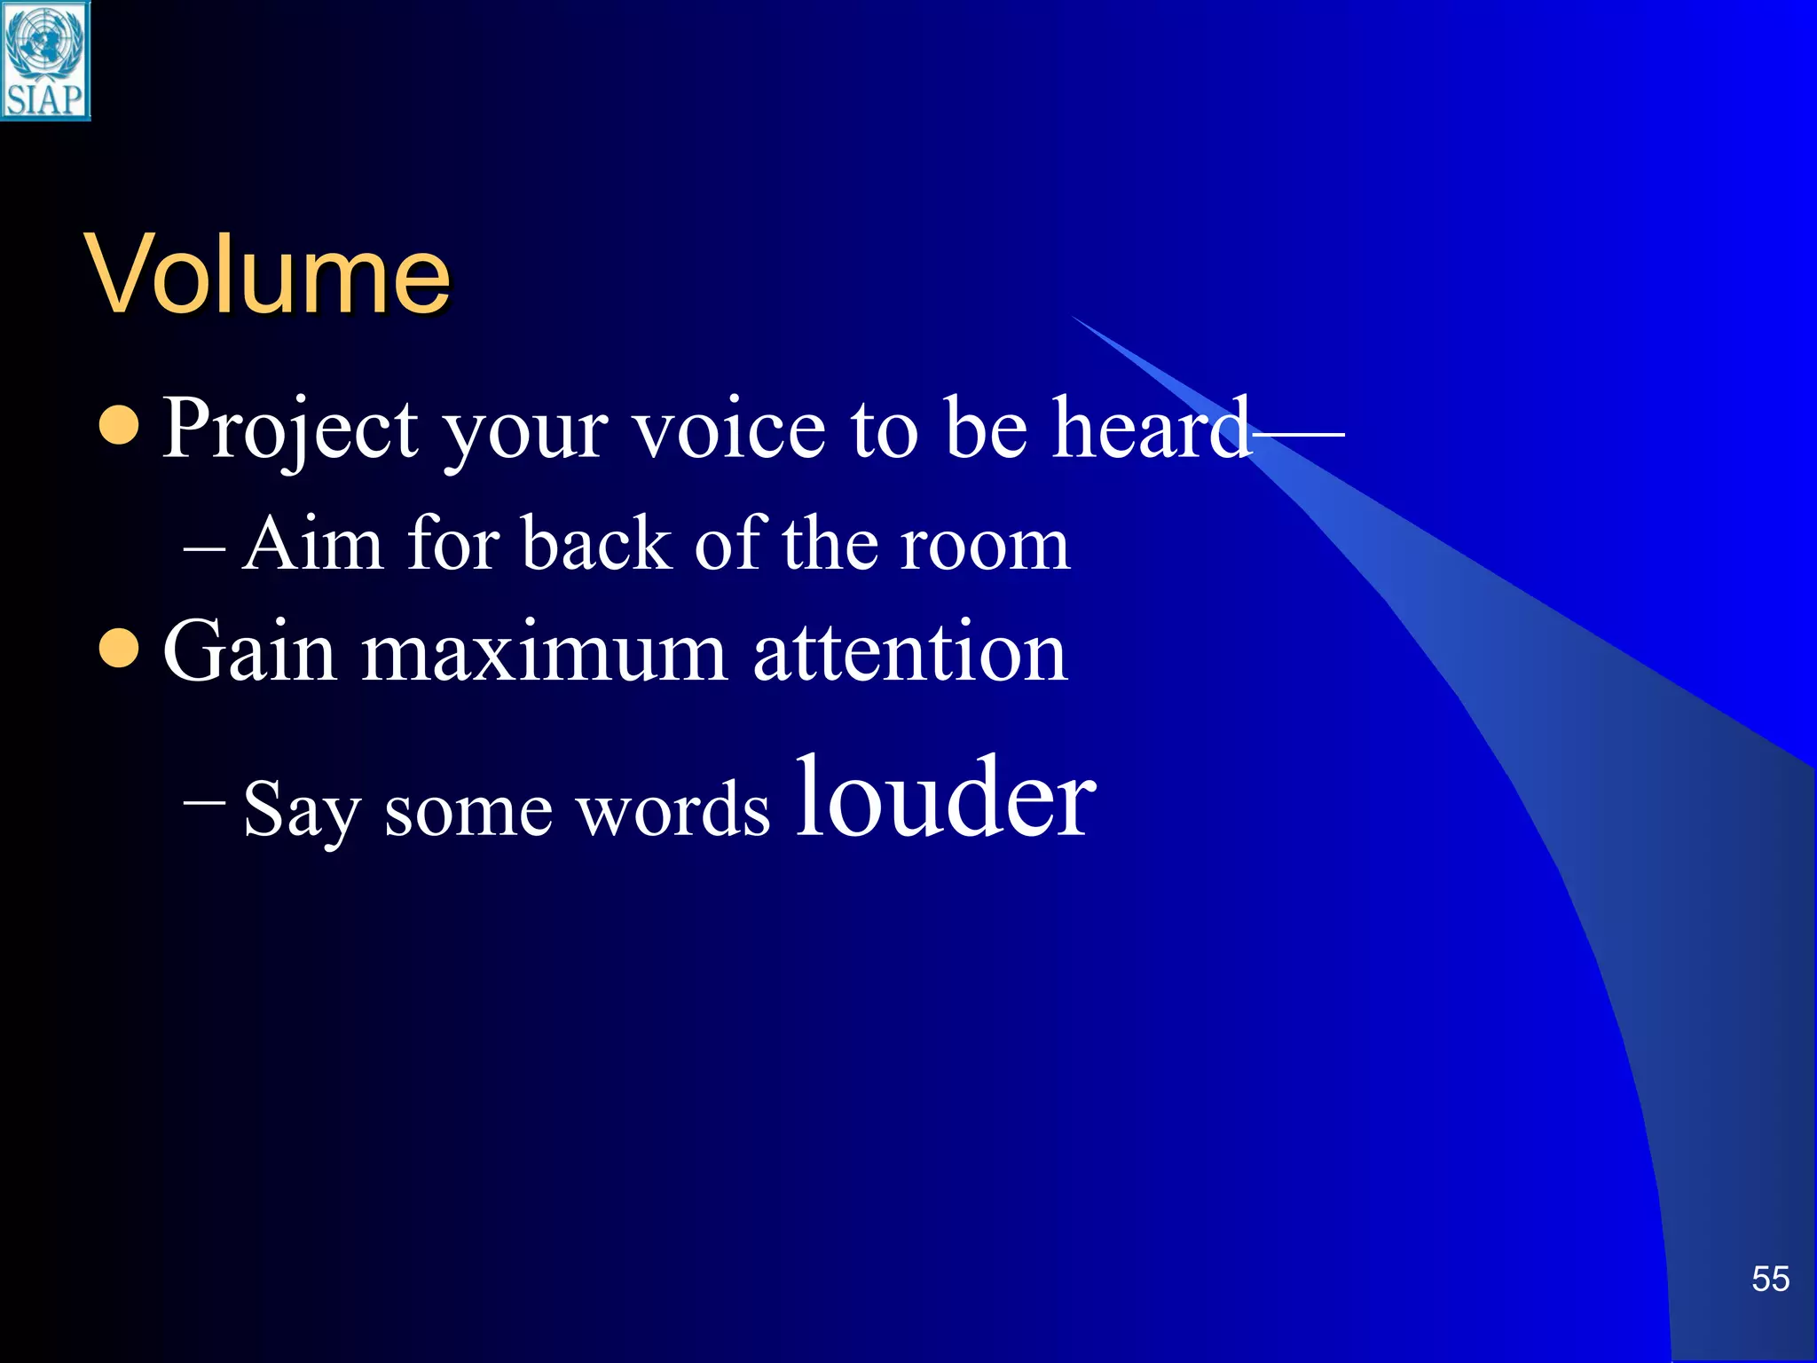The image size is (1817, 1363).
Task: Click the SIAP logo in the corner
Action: click(x=44, y=60)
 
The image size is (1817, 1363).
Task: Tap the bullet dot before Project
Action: click(x=119, y=425)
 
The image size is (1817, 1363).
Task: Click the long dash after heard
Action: click(x=1299, y=433)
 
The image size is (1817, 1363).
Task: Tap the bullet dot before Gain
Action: click(x=119, y=649)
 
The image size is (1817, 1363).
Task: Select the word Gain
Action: click(x=249, y=652)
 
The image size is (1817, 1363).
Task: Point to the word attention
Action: click(x=909, y=652)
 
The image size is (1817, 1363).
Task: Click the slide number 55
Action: click(x=1770, y=1279)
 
